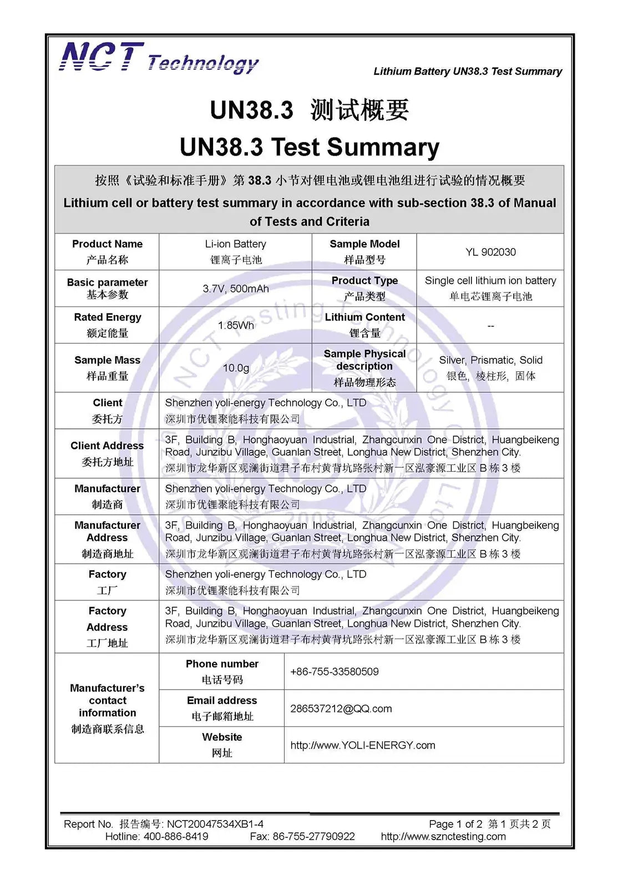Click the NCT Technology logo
(159, 58)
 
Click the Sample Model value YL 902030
(490, 252)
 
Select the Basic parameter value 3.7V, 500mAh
(236, 289)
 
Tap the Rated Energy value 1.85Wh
(236, 326)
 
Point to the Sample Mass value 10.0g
(236, 368)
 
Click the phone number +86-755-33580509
(335, 672)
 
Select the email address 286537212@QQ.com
(341, 709)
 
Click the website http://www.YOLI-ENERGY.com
(363, 745)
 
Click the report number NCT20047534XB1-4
(215, 824)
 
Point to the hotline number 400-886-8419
(176, 836)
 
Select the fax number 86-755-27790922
(314, 836)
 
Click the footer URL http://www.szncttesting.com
(443, 836)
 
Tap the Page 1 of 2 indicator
(455, 824)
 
